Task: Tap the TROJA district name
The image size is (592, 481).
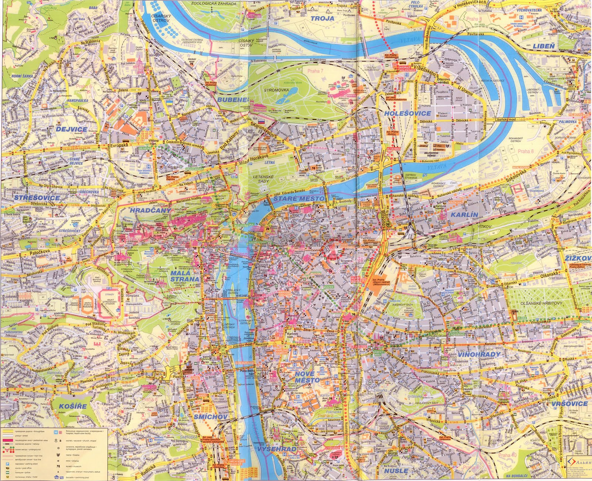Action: [322, 18]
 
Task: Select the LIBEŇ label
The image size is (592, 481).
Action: [544, 46]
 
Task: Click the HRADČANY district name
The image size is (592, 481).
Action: [150, 210]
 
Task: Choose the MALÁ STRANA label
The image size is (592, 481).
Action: [185, 276]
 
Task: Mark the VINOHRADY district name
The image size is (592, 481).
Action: [479, 354]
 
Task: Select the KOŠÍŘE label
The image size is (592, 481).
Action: [73, 406]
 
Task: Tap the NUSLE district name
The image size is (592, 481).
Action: [396, 471]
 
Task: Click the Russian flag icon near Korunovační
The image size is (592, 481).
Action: [261, 121]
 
